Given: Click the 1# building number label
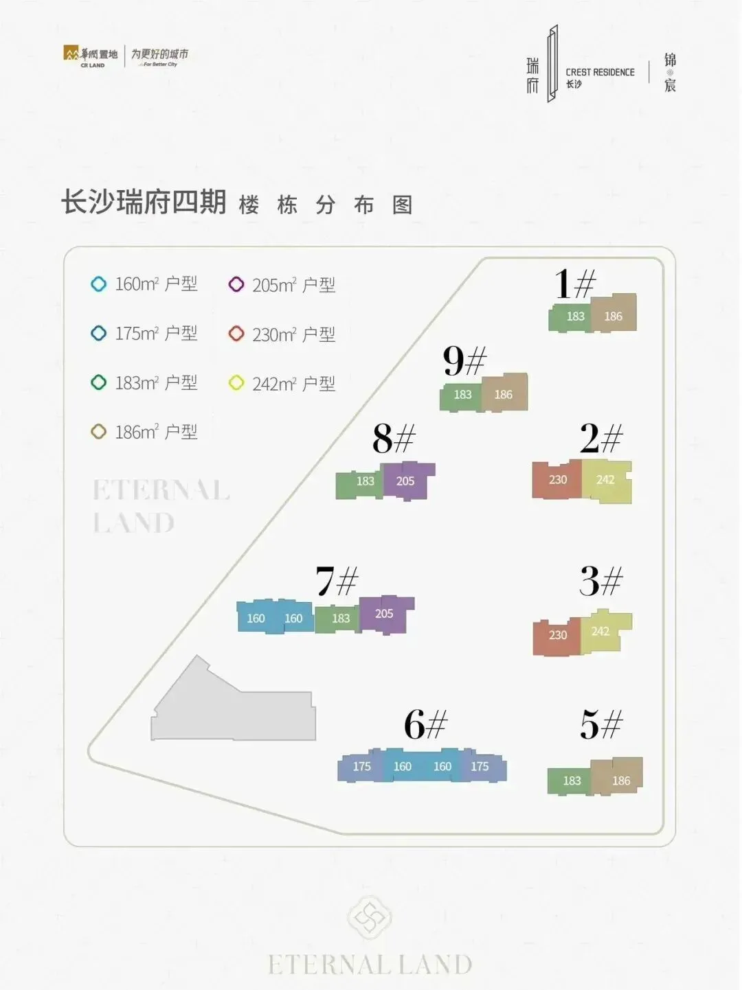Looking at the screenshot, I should (x=575, y=283).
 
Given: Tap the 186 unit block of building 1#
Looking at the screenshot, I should (x=614, y=314).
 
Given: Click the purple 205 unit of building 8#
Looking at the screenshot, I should (x=407, y=480).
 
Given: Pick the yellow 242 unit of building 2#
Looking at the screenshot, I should (x=606, y=481).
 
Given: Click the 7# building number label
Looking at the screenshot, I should (x=337, y=581).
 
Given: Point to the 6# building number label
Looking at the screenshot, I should (x=425, y=724).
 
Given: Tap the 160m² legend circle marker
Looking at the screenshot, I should (x=99, y=284).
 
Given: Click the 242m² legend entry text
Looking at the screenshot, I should (x=293, y=384).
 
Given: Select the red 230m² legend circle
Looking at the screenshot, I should (x=236, y=334).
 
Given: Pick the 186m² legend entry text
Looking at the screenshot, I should (x=156, y=433).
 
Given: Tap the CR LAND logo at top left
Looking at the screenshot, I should (x=90, y=56).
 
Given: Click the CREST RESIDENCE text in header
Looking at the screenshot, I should (x=600, y=72).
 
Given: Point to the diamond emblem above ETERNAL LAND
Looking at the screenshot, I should (x=370, y=917).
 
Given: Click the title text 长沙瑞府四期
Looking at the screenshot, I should (x=144, y=203).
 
